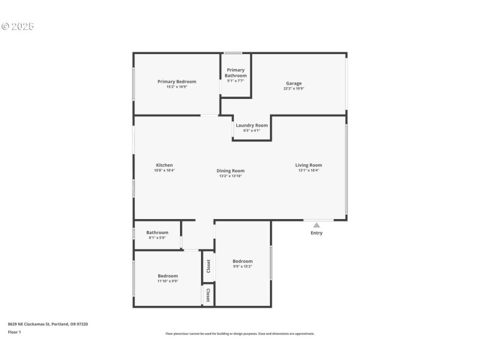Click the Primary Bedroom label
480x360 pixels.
click(x=176, y=82)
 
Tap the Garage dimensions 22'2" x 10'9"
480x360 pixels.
click(x=293, y=89)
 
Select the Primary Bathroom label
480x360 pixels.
click(x=235, y=73)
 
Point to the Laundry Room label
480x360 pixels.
click(x=251, y=125)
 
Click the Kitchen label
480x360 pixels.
click(x=164, y=165)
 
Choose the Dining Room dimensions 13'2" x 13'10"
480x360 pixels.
click(x=230, y=176)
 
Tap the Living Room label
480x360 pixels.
click(x=308, y=165)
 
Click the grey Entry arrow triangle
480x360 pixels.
click(x=316, y=225)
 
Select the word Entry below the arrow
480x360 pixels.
click(x=316, y=233)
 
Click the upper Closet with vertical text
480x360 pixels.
click(x=208, y=265)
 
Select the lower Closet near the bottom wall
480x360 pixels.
click(x=208, y=295)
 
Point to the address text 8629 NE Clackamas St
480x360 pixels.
click(x=47, y=324)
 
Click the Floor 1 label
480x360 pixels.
click(x=14, y=332)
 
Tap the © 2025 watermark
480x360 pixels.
click(x=17, y=26)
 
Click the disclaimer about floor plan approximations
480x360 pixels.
click(x=239, y=334)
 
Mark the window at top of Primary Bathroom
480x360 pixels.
click(x=233, y=53)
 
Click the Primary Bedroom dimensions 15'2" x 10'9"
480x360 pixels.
click(x=176, y=87)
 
